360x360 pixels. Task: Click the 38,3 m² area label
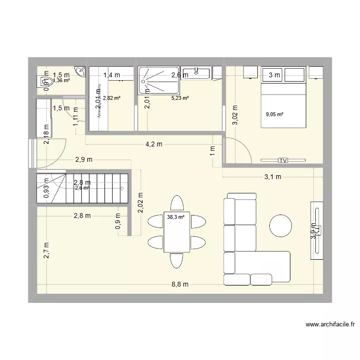pos(175,217)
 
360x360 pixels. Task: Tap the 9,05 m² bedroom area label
pos(275,114)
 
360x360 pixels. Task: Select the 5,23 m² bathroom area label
pos(180,98)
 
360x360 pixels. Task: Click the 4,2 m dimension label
pos(154,144)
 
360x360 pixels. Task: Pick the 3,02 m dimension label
pos(235,115)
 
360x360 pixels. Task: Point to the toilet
pos(44,81)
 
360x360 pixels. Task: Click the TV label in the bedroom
pos(283,160)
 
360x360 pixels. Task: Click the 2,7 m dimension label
pos(47,251)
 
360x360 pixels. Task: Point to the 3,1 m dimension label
pos(273,177)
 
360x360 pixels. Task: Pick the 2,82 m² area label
pos(111,98)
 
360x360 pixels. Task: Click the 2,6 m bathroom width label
pos(180,75)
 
